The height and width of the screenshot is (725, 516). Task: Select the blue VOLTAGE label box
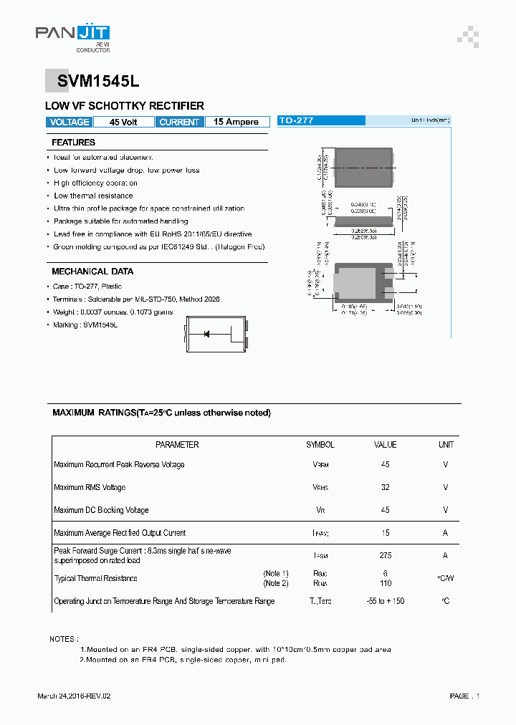70,122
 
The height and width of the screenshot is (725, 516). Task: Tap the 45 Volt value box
123,122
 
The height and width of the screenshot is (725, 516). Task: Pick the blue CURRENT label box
179,122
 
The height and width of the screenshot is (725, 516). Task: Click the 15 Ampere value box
236,122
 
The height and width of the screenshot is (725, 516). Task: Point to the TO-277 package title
296,121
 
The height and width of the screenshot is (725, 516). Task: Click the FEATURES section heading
73,143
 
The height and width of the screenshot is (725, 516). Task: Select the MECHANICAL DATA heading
92,272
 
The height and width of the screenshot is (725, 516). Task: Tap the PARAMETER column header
177,445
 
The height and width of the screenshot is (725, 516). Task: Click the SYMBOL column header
320,445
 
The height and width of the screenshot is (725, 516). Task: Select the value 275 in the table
385,555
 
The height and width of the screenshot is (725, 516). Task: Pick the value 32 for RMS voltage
385,487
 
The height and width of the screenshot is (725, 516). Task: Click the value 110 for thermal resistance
385,583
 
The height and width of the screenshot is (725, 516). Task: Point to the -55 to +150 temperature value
385,601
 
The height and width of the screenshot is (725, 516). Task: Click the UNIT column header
446,445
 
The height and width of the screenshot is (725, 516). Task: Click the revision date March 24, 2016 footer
74,696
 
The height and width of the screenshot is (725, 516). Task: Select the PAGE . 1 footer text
464,696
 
